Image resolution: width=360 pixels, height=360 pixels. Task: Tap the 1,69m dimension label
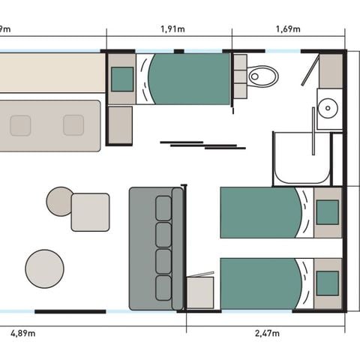pyautogui.click(x=288, y=29)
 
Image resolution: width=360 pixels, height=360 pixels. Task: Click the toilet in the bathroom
pyautogui.click(x=262, y=76)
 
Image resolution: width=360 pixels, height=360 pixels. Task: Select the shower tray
pyautogui.click(x=301, y=159)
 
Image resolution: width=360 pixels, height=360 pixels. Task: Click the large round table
pyautogui.click(x=44, y=268)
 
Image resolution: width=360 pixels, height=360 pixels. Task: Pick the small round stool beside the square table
pyautogui.click(x=59, y=201)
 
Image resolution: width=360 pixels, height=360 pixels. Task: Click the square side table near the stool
pyautogui.click(x=90, y=211)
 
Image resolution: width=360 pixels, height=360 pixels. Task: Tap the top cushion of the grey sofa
pyautogui.click(x=163, y=207)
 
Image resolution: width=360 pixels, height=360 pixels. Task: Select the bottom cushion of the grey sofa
pyautogui.click(x=163, y=287)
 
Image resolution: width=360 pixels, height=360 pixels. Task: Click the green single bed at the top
pyautogui.click(x=188, y=79)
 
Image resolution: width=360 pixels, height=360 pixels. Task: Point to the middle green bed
pyautogui.click(x=260, y=213)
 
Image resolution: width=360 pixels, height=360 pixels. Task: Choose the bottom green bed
pyautogui.click(x=260, y=283)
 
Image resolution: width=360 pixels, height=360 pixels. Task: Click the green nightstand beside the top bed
pyautogui.click(x=122, y=79)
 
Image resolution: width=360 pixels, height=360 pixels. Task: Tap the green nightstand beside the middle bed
pyautogui.click(x=327, y=213)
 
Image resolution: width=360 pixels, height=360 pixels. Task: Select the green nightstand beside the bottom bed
pyautogui.click(x=327, y=283)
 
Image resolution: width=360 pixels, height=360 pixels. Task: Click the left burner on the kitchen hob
pyautogui.click(x=20, y=125)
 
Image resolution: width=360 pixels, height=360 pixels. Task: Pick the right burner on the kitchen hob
pyautogui.click(x=73, y=125)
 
